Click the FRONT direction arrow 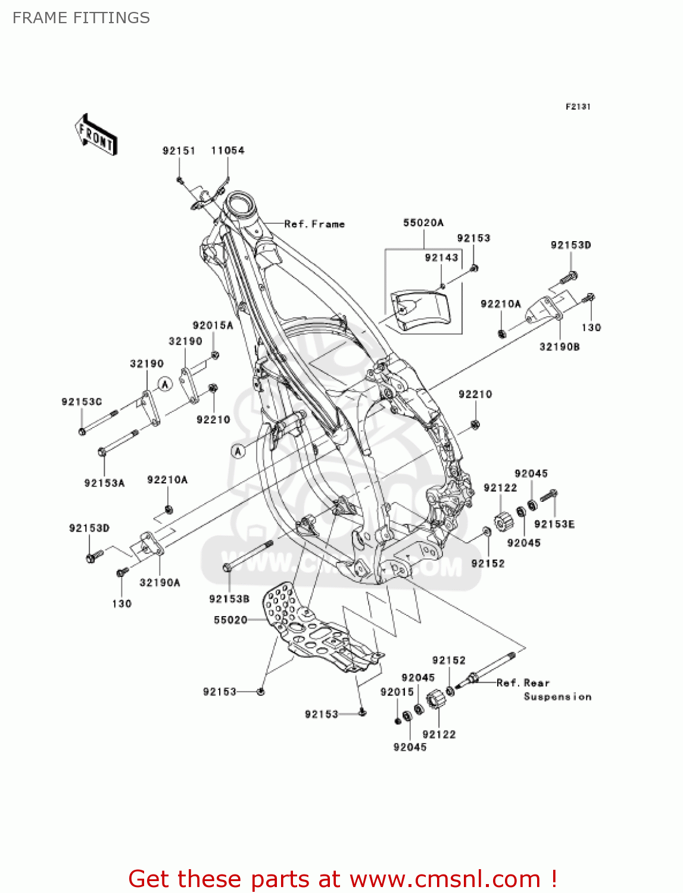tap(96, 135)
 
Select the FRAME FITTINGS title tap(81, 18)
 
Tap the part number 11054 tap(227, 151)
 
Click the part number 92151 tap(179, 151)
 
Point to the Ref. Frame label tap(314, 224)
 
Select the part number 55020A tap(423, 223)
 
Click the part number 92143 tap(441, 257)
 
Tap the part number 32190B tap(559, 346)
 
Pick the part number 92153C tap(82, 402)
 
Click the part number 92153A tap(104, 483)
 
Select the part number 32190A tap(160, 583)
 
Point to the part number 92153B tap(229, 599)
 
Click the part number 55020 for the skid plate tap(230, 620)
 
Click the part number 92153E tap(554, 524)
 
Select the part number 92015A tap(213, 326)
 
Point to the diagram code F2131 tap(578, 107)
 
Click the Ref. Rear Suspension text tap(544, 689)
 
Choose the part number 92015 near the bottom tap(397, 692)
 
